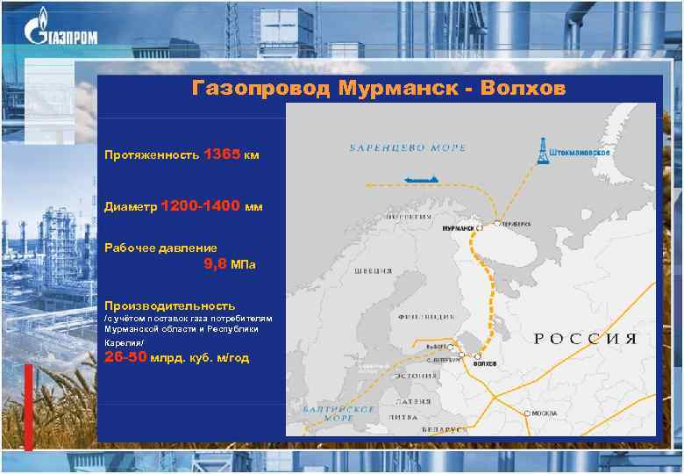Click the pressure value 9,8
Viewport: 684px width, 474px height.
coord(215,263)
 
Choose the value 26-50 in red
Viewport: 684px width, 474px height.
coord(125,357)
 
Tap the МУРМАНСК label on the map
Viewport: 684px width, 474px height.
coord(458,228)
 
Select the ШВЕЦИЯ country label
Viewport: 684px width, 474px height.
coord(373,271)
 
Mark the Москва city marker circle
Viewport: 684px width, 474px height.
coord(527,413)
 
